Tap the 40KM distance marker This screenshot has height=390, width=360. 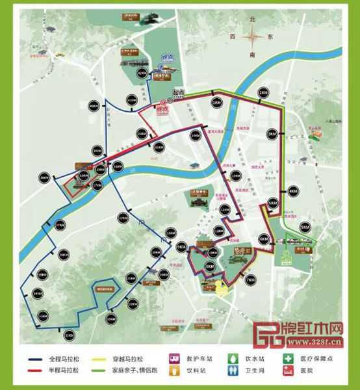94,106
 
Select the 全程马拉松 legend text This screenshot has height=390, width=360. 63,359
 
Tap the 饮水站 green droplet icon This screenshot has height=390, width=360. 233,358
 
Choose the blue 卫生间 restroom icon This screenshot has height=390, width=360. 233,370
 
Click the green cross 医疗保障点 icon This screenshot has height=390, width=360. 287,358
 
